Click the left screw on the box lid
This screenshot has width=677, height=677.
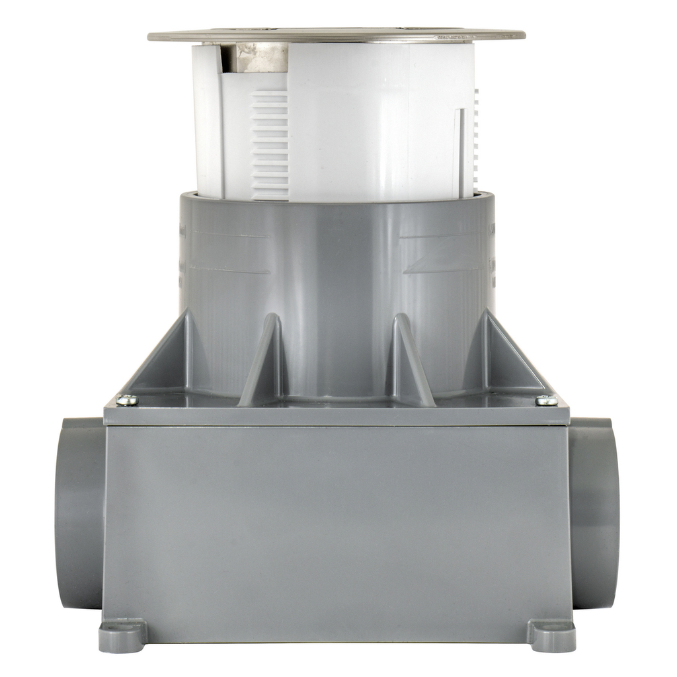[x=127, y=399]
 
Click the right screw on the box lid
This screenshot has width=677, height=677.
[x=546, y=399]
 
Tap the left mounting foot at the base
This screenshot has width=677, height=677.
[x=122, y=635]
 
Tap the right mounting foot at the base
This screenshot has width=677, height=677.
[x=551, y=635]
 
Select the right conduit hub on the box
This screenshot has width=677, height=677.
[x=594, y=512]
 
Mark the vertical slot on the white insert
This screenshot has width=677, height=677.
[x=461, y=152]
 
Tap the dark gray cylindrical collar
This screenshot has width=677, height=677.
[x=337, y=264]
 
